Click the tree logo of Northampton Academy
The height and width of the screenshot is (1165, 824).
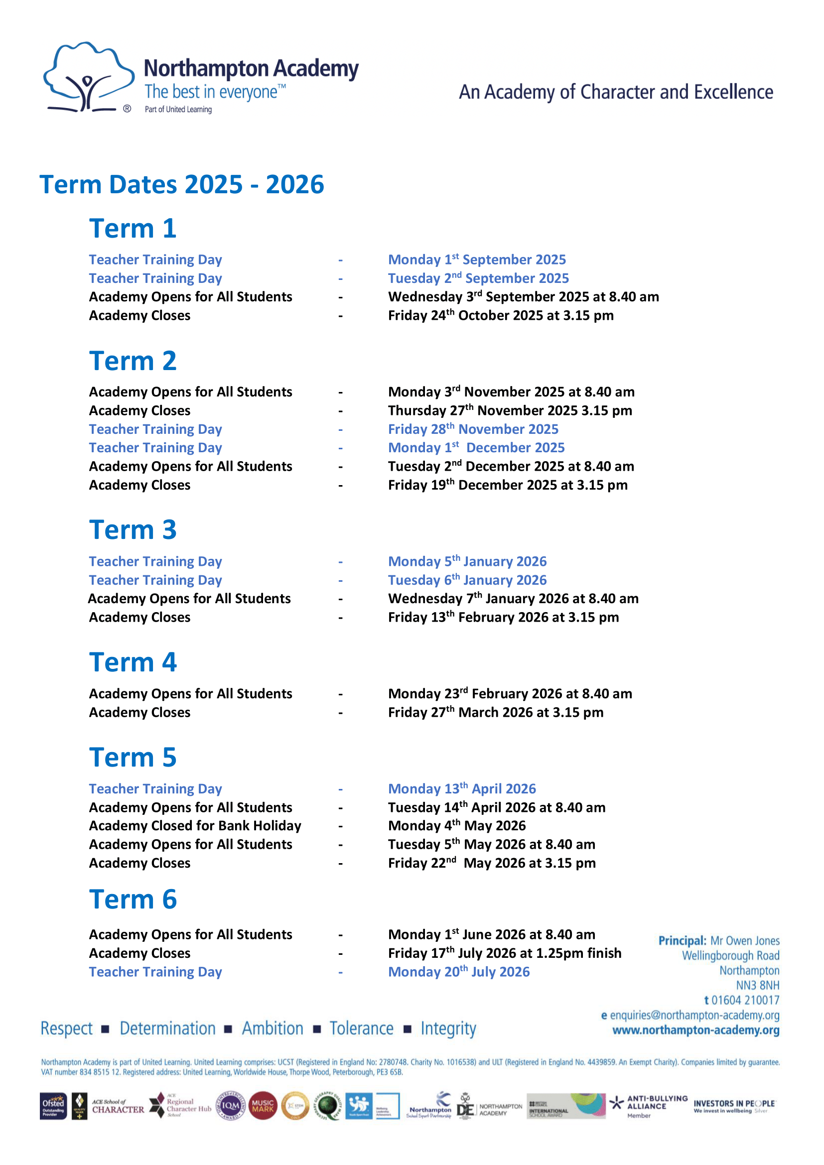click(87, 78)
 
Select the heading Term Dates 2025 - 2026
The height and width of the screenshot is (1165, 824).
click(182, 184)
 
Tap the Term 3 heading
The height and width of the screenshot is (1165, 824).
click(133, 530)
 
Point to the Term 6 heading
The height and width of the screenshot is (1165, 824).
click(133, 900)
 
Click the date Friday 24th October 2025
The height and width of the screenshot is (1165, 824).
click(500, 316)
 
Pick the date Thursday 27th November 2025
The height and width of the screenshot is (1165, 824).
click(510, 410)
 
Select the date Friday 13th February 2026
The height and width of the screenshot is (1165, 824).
click(503, 618)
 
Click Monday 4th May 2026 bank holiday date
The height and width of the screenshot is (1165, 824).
click(457, 826)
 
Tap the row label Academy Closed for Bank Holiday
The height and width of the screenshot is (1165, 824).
click(195, 826)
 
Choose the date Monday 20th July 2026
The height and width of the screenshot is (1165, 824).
click(459, 972)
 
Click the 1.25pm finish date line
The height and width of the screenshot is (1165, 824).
click(504, 953)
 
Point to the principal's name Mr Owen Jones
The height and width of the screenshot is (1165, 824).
click(744, 941)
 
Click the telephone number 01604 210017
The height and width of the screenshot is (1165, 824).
click(745, 1000)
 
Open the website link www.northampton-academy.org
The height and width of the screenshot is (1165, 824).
click(695, 1030)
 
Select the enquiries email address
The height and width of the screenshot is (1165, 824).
click(694, 1015)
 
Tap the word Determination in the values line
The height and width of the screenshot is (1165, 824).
click(167, 1029)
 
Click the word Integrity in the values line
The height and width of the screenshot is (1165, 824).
click(448, 1029)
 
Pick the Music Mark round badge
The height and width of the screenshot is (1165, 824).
click(263, 1106)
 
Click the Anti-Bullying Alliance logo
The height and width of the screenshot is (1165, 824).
click(648, 1106)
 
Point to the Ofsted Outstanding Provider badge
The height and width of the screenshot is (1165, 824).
click(53, 1106)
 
